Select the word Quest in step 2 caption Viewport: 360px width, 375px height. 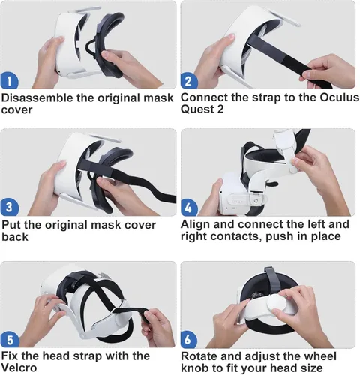[x=199, y=109]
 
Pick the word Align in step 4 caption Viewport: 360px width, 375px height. [x=196, y=225]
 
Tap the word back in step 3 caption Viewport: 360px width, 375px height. [x=15, y=237]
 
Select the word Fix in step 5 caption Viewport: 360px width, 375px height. [x=10, y=355]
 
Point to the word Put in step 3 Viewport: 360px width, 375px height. [x=11, y=225]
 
